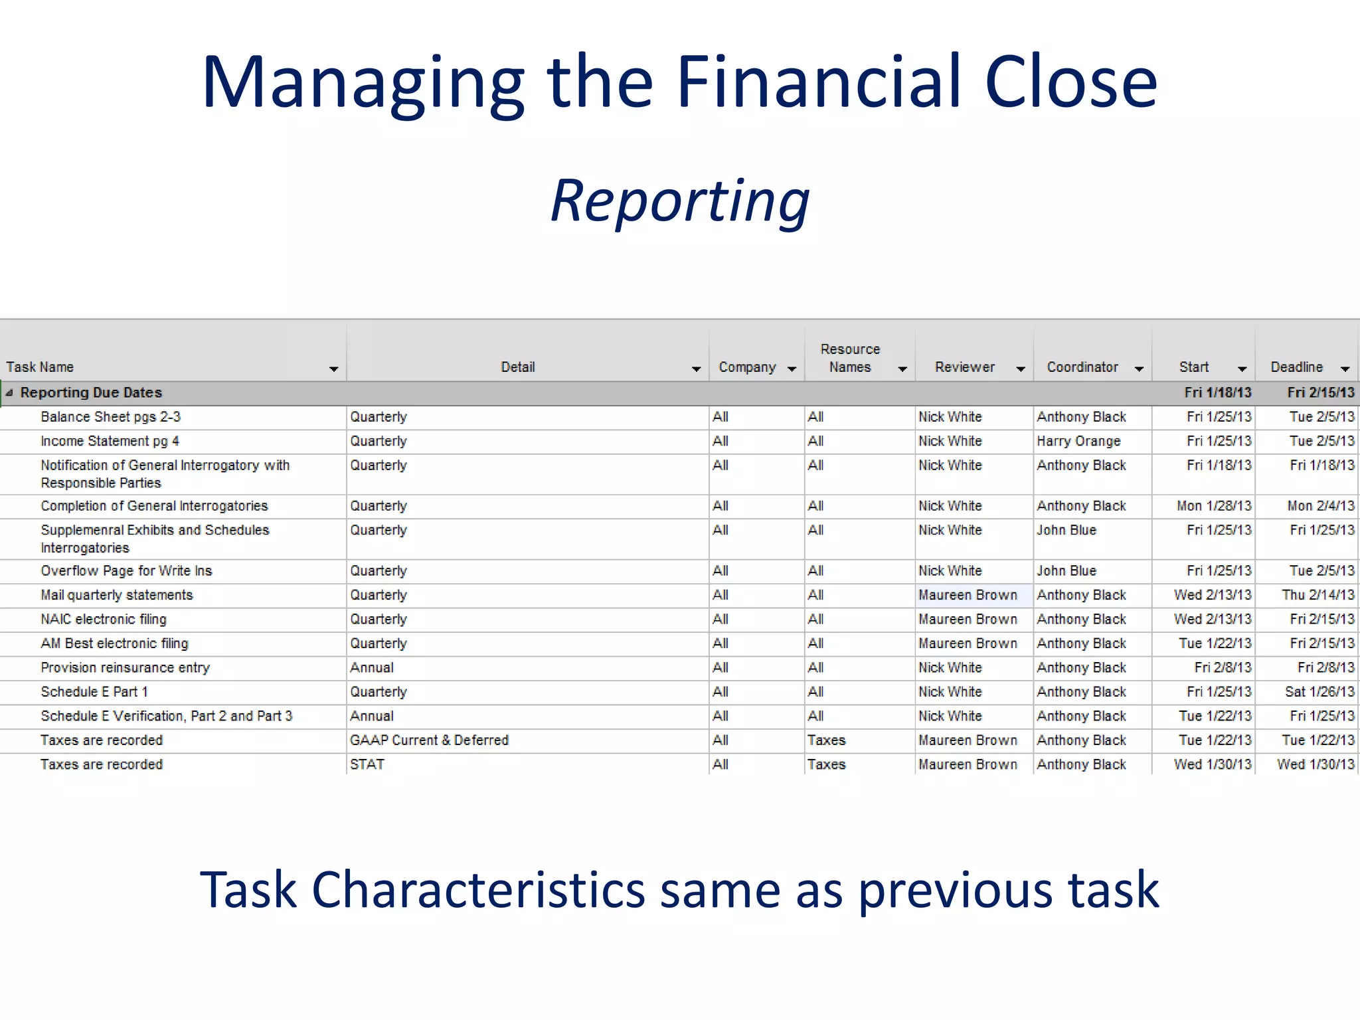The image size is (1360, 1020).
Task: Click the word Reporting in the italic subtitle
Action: click(x=680, y=201)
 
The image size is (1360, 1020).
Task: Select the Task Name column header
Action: click(x=40, y=367)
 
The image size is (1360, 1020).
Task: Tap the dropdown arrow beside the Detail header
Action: click(x=695, y=369)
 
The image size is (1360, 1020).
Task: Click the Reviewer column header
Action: click(x=964, y=367)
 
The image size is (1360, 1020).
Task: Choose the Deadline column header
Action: click(x=1296, y=367)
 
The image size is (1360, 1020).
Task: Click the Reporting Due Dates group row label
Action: click(x=91, y=392)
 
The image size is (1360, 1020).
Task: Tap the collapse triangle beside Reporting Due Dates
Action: click(x=9, y=392)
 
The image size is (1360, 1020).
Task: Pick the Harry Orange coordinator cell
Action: click(x=1078, y=441)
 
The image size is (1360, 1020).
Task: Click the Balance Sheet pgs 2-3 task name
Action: click(x=110, y=417)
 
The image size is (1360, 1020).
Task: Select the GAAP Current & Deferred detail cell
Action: click(x=429, y=740)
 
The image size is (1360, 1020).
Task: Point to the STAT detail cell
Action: click(x=367, y=764)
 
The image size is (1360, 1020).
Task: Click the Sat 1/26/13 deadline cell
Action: click(x=1319, y=691)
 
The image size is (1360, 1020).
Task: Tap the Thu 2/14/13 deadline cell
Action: click(x=1317, y=595)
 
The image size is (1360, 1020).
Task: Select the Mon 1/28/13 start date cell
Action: click(x=1213, y=506)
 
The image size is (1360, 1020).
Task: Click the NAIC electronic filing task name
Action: click(x=104, y=619)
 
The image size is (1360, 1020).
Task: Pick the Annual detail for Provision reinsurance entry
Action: click(x=372, y=667)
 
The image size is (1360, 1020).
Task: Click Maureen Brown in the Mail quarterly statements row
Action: click(x=968, y=595)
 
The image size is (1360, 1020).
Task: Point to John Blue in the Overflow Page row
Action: click(x=1066, y=570)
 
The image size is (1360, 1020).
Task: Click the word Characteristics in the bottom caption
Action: click(x=478, y=890)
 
